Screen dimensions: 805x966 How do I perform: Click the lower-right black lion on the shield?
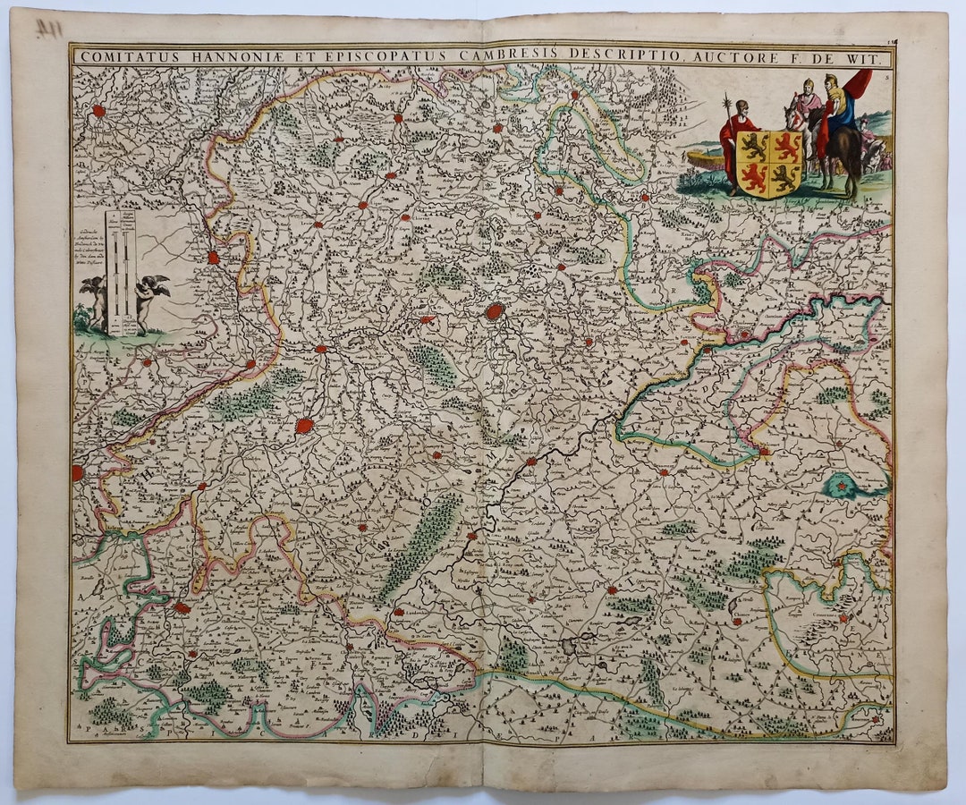pos(785,178)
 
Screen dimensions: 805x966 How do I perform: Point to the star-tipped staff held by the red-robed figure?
pos(726,116)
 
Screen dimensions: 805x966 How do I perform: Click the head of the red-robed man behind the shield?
pos(739,106)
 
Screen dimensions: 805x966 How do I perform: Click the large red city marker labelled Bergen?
pos(494,311)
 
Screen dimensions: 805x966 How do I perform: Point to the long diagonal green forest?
pos(420,546)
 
